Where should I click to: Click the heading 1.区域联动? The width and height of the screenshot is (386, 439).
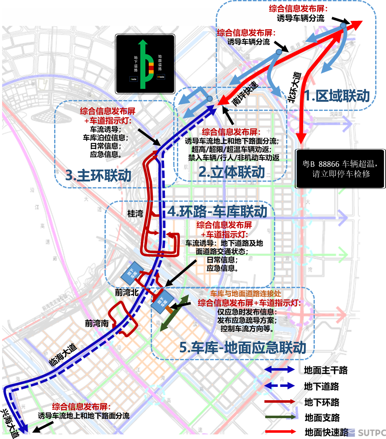coord(337,96)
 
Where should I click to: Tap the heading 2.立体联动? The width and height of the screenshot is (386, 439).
coord(232,172)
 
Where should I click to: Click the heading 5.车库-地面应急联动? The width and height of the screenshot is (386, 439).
coord(243,347)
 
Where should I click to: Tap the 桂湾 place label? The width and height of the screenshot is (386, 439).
coord(135,214)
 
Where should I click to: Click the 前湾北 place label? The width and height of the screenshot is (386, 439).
coord(127,293)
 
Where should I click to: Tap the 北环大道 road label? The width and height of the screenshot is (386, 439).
coord(294,87)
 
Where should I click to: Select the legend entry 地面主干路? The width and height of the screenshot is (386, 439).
coord(326,370)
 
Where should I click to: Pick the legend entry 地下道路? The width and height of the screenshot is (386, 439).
coord(321,386)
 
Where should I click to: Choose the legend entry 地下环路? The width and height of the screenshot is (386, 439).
coord(321,402)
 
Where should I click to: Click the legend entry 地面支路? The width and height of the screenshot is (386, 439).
coord(322,417)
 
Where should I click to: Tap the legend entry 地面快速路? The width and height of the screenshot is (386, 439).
coord(326,432)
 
